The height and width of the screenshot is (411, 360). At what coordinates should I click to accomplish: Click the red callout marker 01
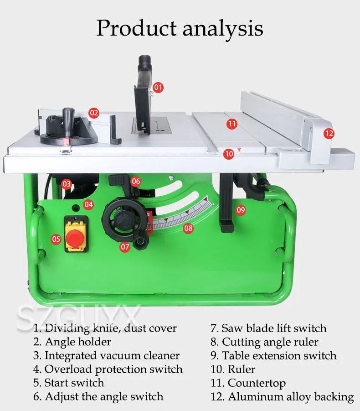pos(158,87)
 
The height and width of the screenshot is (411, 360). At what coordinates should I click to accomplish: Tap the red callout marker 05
pos(56,239)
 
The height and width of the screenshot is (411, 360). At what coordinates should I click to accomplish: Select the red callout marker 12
pos(329,133)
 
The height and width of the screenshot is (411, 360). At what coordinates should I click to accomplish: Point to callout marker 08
pos(188,228)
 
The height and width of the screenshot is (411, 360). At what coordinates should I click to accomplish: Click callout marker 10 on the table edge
pos(229,154)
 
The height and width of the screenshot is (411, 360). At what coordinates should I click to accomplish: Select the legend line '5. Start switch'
pos(68,382)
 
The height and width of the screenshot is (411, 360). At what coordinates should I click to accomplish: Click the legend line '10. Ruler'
pos(232,369)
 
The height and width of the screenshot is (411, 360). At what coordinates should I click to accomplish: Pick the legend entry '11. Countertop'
pos(248,383)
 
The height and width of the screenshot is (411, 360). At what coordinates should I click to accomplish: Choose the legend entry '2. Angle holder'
pos(72,341)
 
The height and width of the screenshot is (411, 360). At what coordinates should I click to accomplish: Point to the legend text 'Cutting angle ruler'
pos(270,342)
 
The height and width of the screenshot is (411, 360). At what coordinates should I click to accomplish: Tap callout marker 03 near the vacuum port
pos(67,184)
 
